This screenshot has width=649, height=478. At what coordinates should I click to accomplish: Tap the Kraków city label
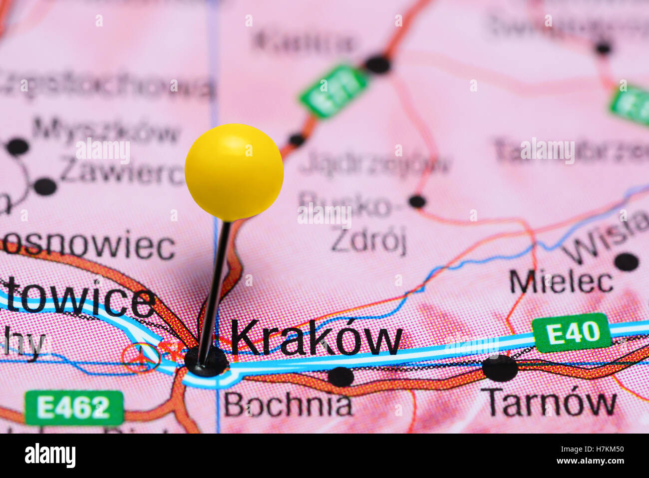tap(316, 339)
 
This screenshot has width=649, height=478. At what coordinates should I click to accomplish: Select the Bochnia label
tap(288, 405)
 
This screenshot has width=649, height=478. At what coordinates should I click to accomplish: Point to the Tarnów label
tap(551, 402)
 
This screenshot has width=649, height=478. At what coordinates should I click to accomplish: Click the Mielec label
tap(561, 282)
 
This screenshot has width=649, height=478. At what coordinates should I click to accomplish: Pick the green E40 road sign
tap(571, 332)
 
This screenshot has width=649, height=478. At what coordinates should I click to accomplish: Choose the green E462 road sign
tap(74, 408)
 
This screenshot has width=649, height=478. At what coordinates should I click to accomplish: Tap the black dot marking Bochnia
tap(341, 377)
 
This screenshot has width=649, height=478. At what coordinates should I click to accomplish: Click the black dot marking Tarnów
tap(500, 369)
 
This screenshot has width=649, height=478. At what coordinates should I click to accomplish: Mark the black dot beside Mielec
tap(627, 262)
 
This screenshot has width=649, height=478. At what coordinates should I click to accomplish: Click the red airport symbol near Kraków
tap(142, 357)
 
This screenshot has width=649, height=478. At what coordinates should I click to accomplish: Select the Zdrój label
tap(368, 242)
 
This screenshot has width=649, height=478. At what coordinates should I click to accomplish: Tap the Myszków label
tap(106, 132)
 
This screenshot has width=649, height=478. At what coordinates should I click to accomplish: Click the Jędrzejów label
tap(375, 163)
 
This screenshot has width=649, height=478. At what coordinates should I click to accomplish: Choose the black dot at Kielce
tap(377, 64)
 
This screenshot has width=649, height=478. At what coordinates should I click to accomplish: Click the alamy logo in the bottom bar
tap(50, 456)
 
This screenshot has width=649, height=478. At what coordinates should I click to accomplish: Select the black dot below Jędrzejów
tap(417, 202)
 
